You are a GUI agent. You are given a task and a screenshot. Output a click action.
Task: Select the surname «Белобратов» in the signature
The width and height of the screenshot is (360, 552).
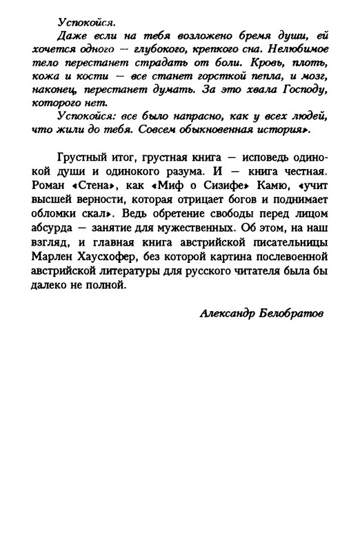tap(292, 312)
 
